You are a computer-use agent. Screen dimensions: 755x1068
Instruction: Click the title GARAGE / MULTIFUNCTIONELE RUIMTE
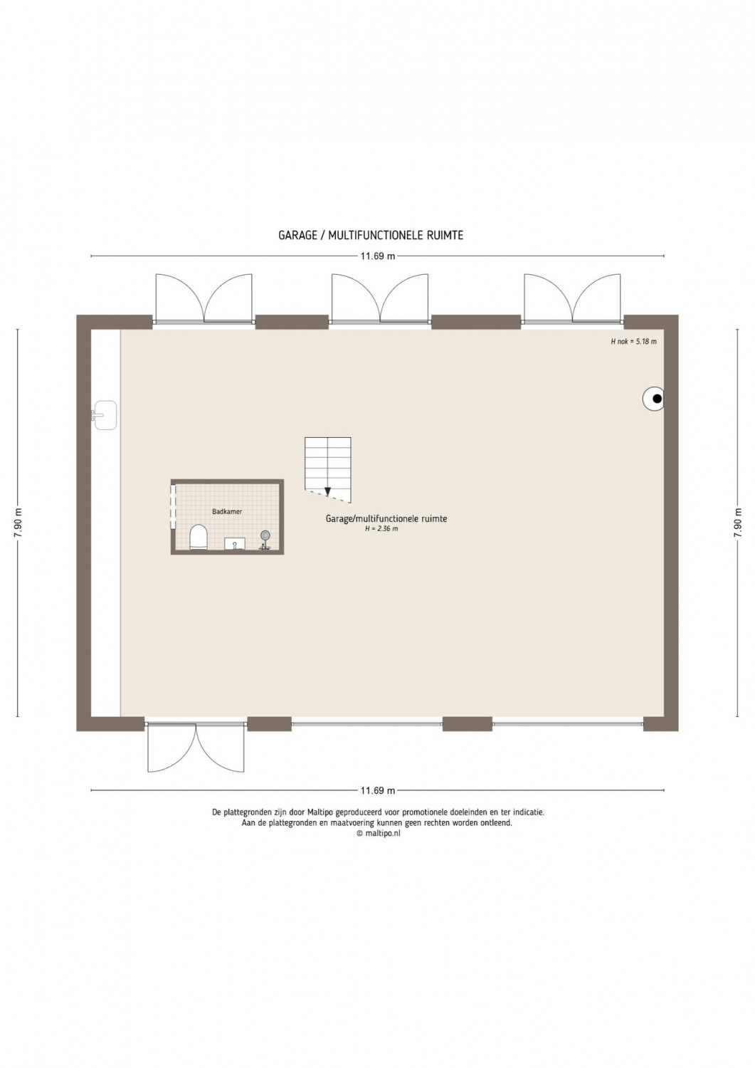tap(371, 235)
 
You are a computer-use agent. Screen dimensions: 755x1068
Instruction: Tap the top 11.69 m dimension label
tap(377, 256)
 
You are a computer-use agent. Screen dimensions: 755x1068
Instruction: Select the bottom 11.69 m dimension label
tap(377, 790)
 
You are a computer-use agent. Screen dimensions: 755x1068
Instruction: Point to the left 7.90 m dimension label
tap(18, 523)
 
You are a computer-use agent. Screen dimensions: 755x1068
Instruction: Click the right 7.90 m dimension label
tap(739, 523)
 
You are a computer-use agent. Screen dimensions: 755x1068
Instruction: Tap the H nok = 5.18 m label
tap(633, 341)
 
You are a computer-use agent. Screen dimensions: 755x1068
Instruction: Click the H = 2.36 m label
tap(381, 529)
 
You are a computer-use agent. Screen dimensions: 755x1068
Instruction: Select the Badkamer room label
tap(227, 512)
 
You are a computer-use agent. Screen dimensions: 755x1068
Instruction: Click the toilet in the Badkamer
tap(198, 538)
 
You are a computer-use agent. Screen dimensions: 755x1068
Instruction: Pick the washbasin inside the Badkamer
tap(235, 543)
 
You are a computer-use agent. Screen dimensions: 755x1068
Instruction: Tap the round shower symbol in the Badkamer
tap(265, 536)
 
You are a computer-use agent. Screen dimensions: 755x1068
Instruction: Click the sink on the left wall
tap(105, 415)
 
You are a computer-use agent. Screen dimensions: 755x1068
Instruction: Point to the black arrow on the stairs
tap(328, 491)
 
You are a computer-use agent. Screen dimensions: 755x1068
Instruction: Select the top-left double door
tap(204, 298)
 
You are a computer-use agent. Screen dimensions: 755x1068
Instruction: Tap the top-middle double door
tap(380, 298)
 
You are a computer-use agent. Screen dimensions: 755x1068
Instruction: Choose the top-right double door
tap(572, 298)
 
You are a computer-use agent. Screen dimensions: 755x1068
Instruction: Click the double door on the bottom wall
tap(196, 748)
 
